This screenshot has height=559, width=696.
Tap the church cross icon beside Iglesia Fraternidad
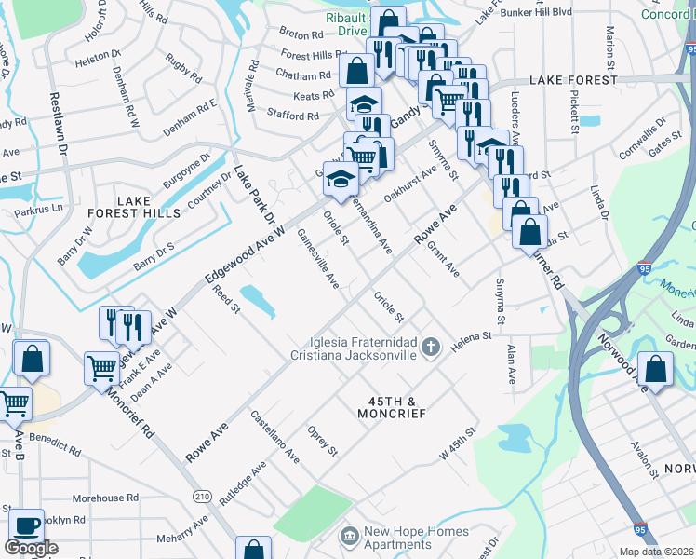430,348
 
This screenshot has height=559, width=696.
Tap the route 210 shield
202,496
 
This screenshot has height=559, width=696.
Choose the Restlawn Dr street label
58,121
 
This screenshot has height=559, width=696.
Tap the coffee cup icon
27,525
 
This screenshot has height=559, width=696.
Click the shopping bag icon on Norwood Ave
656,369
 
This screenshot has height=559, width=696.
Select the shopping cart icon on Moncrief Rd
100,367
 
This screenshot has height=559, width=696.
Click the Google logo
31,548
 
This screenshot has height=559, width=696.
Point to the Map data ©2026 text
657,552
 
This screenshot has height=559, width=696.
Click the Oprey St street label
323,442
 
